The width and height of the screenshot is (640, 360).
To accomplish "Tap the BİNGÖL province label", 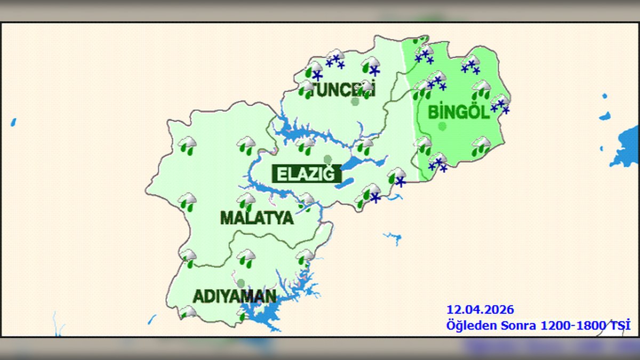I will point(459,112).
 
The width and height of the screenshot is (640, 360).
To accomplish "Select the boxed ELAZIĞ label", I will point(306,174).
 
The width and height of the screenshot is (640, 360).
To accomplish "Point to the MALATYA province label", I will point(257,218).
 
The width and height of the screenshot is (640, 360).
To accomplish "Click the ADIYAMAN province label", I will point(234,296).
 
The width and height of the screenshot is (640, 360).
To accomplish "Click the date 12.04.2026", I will point(480,310).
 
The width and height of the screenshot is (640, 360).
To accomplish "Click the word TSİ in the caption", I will point(620,325).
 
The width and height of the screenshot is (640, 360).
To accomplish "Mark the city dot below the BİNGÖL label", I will point(442,126).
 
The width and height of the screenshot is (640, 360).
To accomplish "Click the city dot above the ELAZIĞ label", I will point(327,159).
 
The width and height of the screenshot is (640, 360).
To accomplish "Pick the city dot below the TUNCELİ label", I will point(355,101).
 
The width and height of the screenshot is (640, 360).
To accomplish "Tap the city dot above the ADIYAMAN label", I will point(241,283).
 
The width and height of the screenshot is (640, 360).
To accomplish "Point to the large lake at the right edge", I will point(627,147).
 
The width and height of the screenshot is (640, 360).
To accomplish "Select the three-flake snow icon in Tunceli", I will point(335,59).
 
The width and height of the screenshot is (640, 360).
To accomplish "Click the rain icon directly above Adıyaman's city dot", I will point(246,258).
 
